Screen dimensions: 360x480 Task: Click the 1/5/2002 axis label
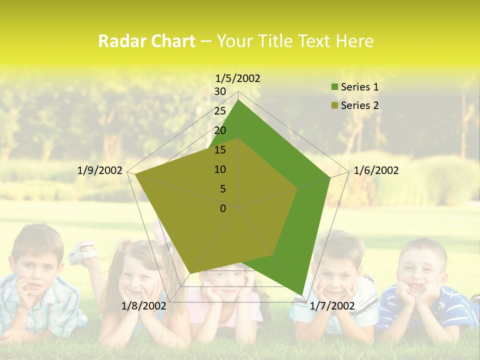[238, 78]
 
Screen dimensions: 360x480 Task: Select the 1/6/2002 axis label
[376, 170]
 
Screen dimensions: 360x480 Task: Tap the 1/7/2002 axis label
[332, 306]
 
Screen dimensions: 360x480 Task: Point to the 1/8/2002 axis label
[144, 306]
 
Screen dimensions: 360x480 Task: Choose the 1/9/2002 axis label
[100, 170]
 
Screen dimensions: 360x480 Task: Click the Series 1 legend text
[359, 87]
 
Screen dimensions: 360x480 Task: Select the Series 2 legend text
[359, 105]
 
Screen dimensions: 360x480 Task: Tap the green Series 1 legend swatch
[335, 87]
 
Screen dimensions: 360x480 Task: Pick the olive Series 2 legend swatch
[335, 105]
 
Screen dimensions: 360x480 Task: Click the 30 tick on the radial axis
[220, 91]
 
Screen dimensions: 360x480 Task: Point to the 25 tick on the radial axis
[220, 111]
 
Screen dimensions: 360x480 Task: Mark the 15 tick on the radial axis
[220, 150]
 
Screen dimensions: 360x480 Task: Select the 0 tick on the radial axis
[223, 208]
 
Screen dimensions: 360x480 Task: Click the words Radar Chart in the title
[146, 41]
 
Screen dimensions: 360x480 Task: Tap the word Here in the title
[355, 41]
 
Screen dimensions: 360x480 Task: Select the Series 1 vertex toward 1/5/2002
[238, 100]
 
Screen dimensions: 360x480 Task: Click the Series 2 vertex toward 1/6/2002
[297, 189]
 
